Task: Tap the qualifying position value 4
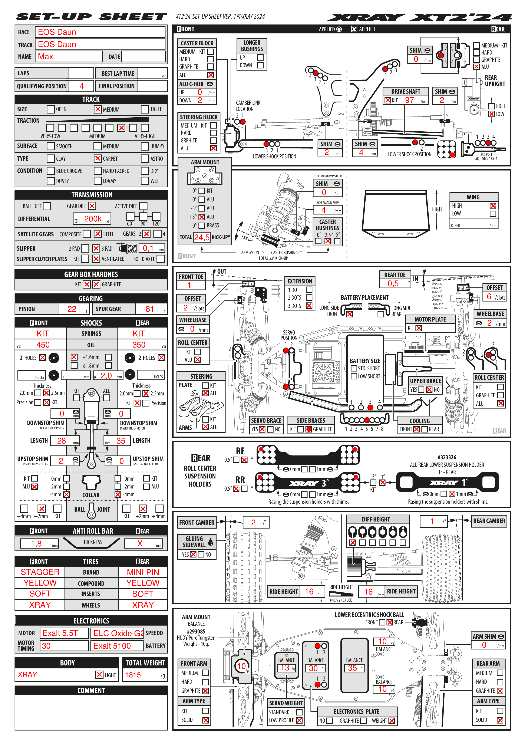82,86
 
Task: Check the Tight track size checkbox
145,109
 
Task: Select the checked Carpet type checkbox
98,158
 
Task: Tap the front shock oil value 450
43,345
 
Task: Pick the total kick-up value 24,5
202,237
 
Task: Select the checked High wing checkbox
493,206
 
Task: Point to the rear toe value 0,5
393,284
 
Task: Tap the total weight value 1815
133,675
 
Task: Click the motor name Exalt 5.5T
60,633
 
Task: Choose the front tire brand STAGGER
40,572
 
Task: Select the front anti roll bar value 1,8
36,544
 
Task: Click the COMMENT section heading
91,690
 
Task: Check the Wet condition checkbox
145,181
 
